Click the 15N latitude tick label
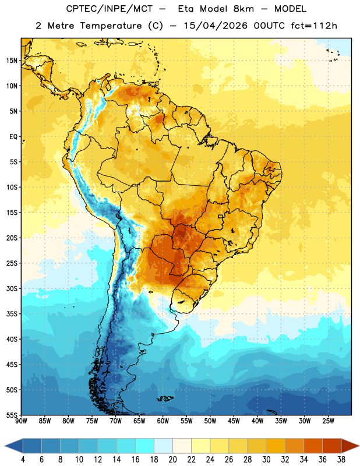coord(12,61)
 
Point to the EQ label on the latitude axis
coord(13,137)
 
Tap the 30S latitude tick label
coord(12,288)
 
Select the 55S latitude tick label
coord(12,415)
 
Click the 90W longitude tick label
coord(21,421)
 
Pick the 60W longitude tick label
coord(163,421)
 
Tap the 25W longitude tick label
coord(328,421)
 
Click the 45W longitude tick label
coord(234,421)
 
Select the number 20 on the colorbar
coord(172,460)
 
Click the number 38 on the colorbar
coord(341,460)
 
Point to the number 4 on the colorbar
coord(23,460)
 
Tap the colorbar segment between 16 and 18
coord(144,446)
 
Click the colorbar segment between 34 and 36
coord(313,446)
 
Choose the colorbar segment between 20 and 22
coord(182,446)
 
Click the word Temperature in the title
coord(111,26)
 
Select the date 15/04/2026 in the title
coord(215,26)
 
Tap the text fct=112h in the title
coord(314,26)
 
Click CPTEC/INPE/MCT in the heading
coord(109,9)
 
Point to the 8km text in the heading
coord(243,9)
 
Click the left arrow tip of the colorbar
coord(5,446)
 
